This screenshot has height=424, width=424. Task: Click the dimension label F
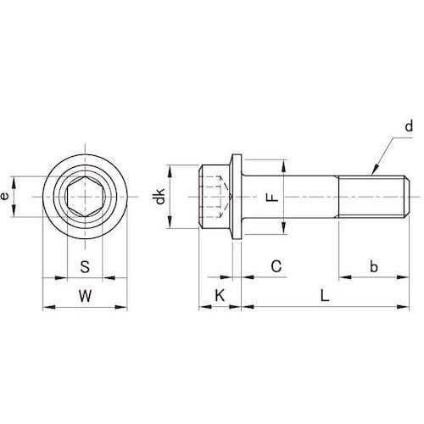click(271, 198)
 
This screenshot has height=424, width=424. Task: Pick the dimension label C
click(276, 266)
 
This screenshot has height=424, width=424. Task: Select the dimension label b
click(373, 266)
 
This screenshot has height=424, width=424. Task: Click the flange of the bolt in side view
click(237, 198)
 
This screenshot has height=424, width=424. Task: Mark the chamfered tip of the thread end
click(401, 198)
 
